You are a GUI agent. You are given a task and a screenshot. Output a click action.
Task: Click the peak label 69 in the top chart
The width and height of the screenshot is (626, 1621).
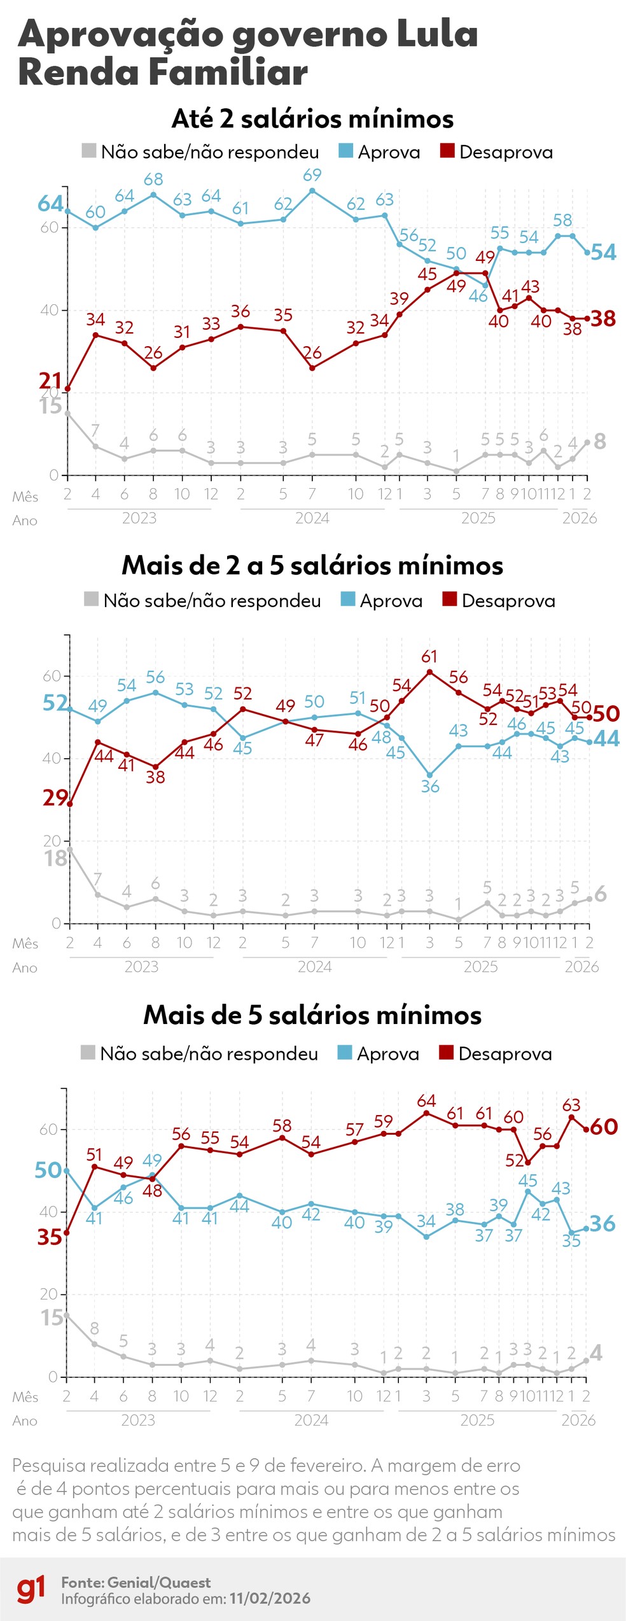click(312, 174)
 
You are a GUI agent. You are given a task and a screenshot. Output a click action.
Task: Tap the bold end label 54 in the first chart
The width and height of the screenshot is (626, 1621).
click(603, 253)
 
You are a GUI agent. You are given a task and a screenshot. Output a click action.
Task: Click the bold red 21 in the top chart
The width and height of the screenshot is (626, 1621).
click(50, 381)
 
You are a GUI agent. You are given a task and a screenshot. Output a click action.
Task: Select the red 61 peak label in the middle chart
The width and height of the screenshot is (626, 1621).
click(429, 656)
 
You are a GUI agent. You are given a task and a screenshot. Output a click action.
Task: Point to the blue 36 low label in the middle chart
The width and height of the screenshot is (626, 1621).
click(430, 787)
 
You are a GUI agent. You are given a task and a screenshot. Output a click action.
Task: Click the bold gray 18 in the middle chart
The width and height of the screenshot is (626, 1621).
click(55, 859)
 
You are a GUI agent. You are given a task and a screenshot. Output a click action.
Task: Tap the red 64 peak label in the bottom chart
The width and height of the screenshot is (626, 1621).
click(426, 1100)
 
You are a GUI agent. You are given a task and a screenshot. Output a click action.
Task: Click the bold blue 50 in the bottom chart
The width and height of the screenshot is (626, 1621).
click(48, 1170)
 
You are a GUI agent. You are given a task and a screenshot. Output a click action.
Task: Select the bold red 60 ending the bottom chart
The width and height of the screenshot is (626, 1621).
click(604, 1126)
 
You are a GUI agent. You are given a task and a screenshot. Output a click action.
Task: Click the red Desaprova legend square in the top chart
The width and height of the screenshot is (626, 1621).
click(447, 151)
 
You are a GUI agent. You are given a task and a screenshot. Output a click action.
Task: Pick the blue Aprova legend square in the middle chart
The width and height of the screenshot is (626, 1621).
click(347, 599)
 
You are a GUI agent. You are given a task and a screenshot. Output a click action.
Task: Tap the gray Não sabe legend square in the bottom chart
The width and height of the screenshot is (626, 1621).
click(88, 1052)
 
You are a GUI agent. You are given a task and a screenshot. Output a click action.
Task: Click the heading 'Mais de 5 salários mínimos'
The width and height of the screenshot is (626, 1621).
click(312, 1014)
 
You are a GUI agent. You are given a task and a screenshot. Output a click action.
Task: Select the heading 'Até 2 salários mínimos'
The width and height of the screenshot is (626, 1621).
click(312, 118)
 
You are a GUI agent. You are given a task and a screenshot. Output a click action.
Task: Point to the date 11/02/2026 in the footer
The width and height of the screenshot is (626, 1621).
click(270, 1598)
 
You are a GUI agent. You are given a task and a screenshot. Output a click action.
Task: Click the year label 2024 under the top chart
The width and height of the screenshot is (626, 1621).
click(312, 518)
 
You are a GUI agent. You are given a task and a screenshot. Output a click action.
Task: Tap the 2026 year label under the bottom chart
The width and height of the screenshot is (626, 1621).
click(578, 1420)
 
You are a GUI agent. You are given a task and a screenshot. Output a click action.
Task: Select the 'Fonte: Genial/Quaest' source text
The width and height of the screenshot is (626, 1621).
click(136, 1582)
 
